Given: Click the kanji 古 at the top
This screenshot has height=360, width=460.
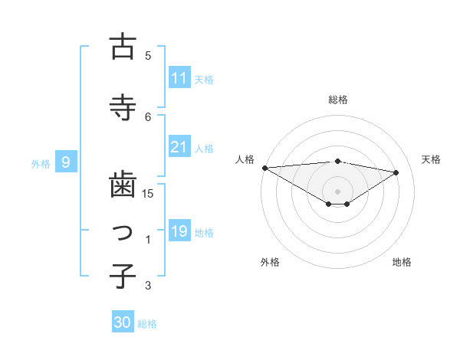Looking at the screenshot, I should pyautogui.click(x=122, y=47).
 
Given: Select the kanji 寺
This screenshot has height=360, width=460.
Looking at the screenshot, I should pyautogui.click(x=122, y=107).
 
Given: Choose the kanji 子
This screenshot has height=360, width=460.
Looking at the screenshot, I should pyautogui.click(x=122, y=276).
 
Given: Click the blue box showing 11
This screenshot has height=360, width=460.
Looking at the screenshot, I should pyautogui.click(x=179, y=78).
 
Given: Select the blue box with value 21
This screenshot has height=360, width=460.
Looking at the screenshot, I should pyautogui.click(x=179, y=148).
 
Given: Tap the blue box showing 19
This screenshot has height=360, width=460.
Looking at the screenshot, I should pyautogui.click(x=179, y=231).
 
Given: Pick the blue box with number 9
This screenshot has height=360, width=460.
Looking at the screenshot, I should pyautogui.click(x=67, y=162).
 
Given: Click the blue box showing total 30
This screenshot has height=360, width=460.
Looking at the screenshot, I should pyautogui.click(x=123, y=322).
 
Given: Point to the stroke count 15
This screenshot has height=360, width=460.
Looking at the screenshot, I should pyautogui.click(x=148, y=193).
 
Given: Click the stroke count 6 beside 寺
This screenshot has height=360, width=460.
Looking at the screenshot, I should pyautogui.click(x=148, y=116).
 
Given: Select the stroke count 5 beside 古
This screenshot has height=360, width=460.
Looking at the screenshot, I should pyautogui.click(x=148, y=55).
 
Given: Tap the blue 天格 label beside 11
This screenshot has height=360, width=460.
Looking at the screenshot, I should pyautogui.click(x=204, y=79).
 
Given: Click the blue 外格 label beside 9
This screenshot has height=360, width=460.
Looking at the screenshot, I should pyautogui.click(x=41, y=163).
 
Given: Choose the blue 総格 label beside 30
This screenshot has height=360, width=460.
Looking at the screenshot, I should pyautogui.click(x=147, y=323).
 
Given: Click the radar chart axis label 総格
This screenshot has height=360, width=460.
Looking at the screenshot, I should pyautogui.click(x=337, y=100).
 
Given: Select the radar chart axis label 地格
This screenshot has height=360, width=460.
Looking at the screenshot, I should pyautogui.click(x=402, y=263).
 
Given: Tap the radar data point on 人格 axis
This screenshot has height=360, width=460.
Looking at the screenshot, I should pyautogui.click(x=264, y=167).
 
